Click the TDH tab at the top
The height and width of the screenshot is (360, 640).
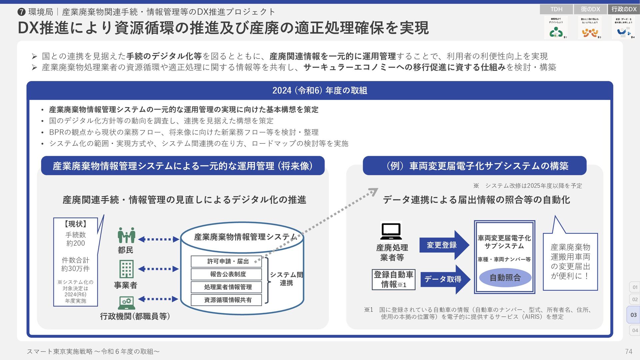[556, 9]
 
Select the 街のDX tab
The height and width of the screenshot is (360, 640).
[590, 9]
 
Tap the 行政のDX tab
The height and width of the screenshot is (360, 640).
[624, 9]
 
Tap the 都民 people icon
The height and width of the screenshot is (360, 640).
[126, 235]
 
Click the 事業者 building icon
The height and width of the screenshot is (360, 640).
[126, 269]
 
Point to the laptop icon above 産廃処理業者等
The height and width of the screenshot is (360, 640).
[391, 231]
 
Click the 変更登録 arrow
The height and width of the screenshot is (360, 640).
[444, 245]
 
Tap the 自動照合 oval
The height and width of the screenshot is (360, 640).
[505, 278]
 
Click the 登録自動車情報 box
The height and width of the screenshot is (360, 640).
[393, 279]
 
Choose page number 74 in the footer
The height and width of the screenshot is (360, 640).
[628, 351]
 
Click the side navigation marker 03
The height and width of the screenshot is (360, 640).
[633, 315]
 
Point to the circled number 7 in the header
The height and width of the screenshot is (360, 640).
[21, 12]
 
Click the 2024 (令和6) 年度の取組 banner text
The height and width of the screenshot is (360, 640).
[320, 90]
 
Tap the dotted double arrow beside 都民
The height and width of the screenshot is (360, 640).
[158, 239]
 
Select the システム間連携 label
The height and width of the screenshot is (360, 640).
[286, 279]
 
